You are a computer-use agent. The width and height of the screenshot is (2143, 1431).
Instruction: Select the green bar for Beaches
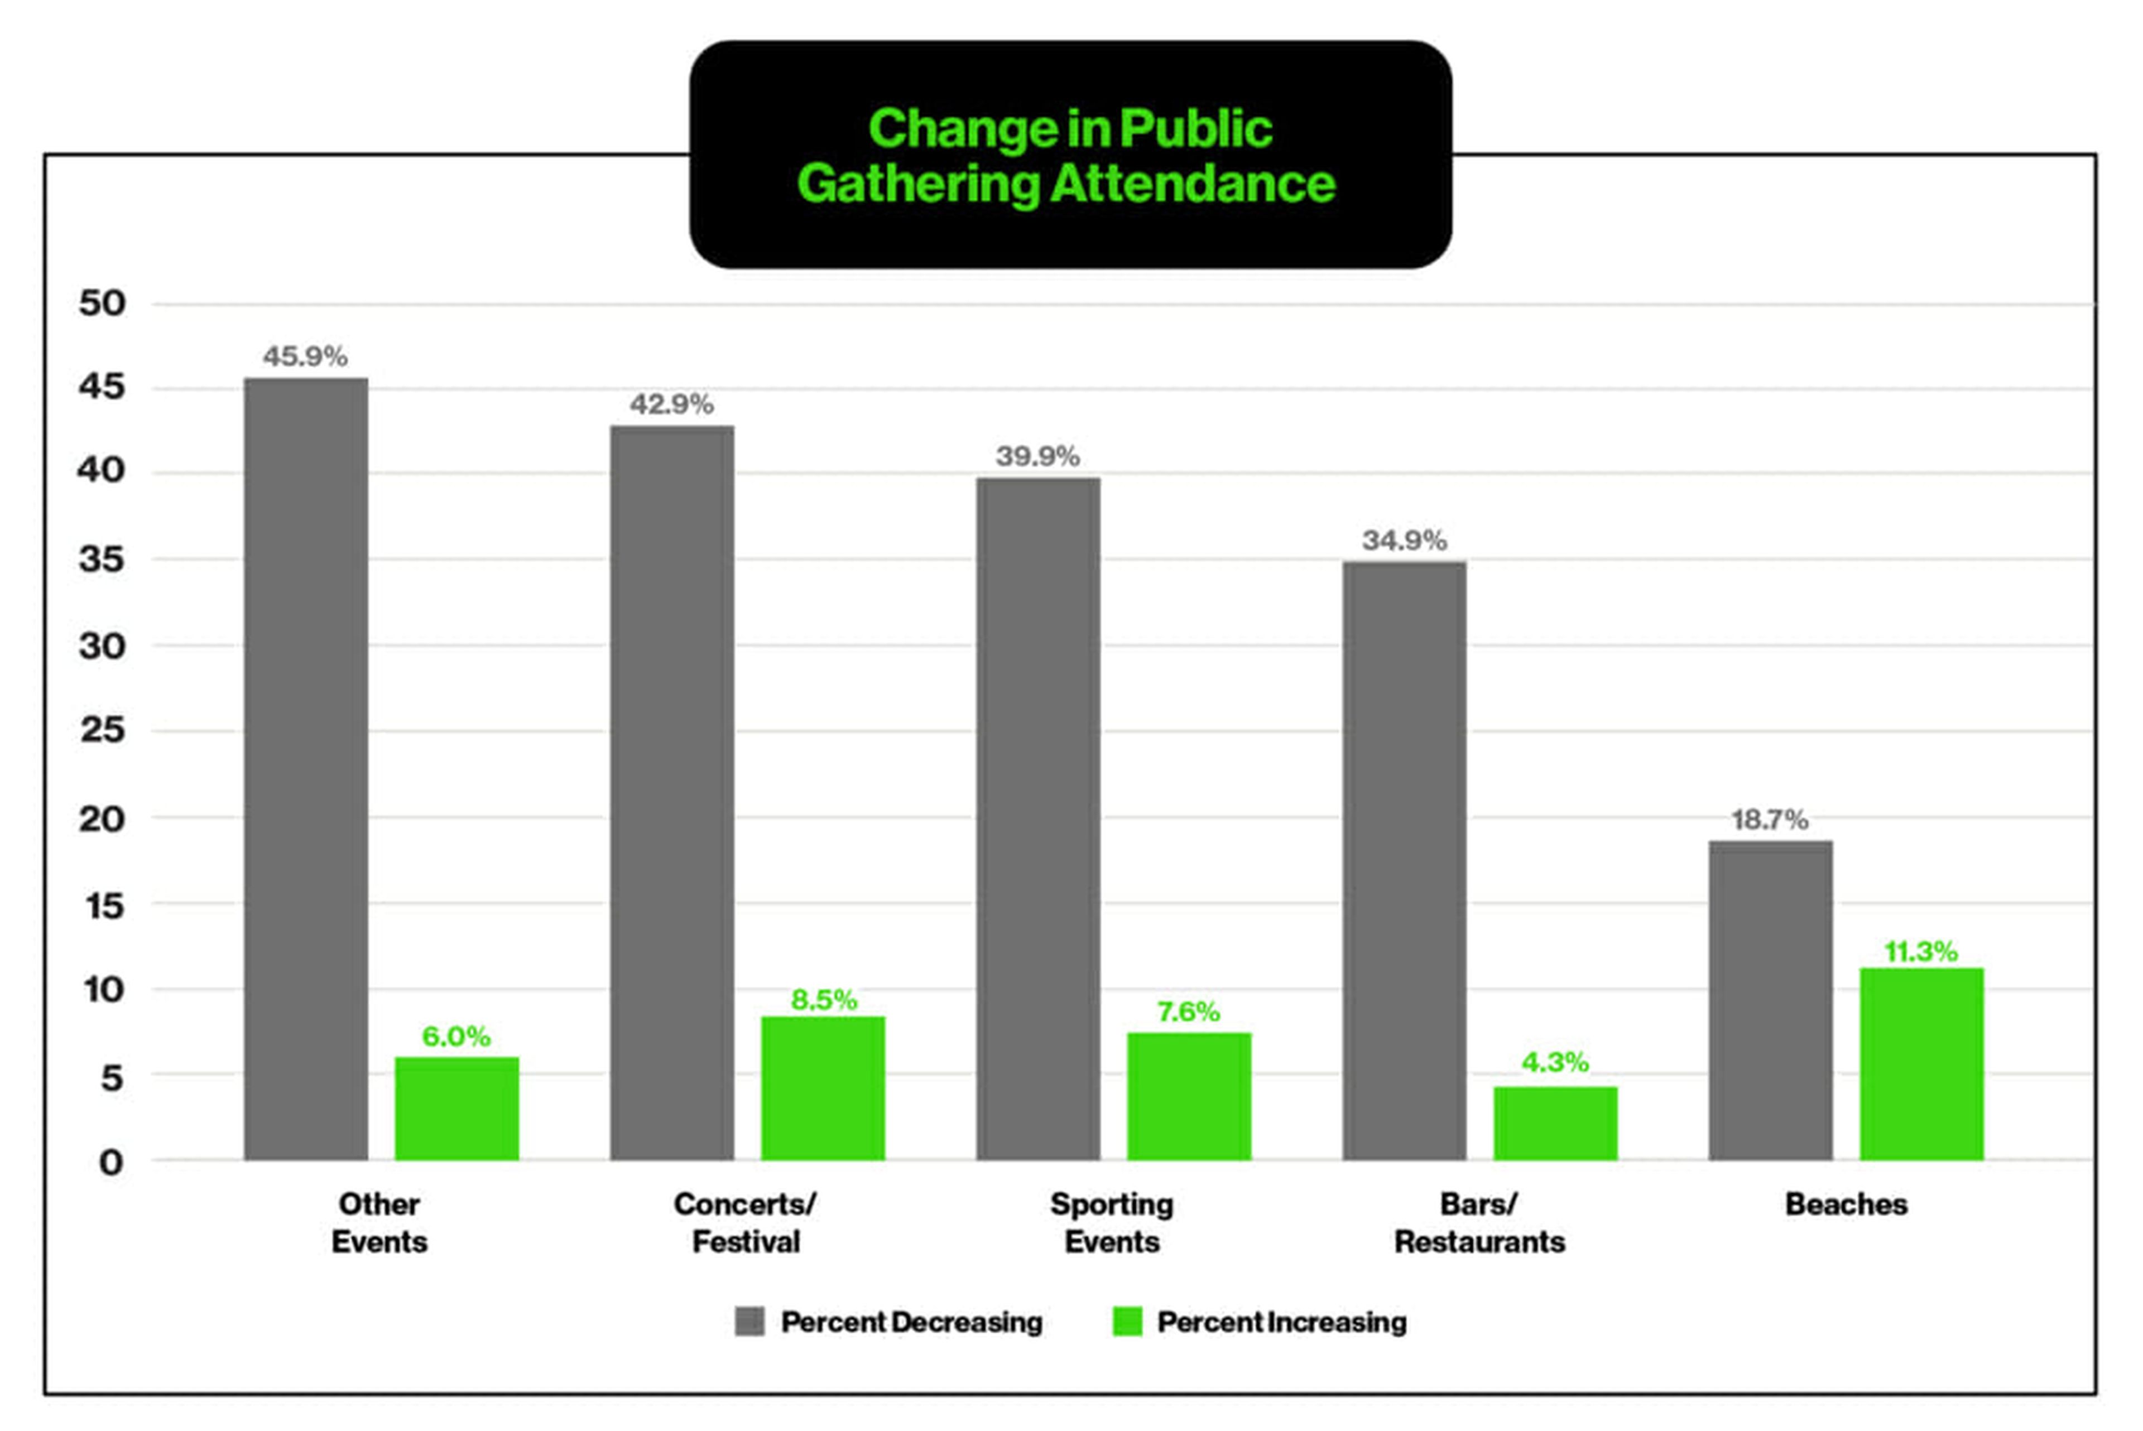coord(1921,1064)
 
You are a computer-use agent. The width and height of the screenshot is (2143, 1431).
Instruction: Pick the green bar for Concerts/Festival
coord(823,1088)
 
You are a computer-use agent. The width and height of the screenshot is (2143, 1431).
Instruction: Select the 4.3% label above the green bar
coord(1554,1061)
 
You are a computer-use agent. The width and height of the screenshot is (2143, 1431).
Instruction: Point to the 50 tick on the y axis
coord(102,303)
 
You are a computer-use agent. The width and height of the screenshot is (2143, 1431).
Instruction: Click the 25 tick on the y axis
coord(102,730)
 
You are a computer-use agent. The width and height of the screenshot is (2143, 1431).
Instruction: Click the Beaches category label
coord(1846,1204)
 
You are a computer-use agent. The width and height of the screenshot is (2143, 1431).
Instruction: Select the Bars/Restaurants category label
coord(1478,1223)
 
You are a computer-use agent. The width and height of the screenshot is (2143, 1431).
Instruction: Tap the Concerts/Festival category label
coord(745,1223)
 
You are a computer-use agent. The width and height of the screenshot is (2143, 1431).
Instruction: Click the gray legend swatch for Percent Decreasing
coord(749,1322)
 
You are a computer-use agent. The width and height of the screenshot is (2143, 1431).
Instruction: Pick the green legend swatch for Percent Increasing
coord(1127,1322)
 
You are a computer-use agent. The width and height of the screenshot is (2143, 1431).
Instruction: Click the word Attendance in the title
coord(1192,184)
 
